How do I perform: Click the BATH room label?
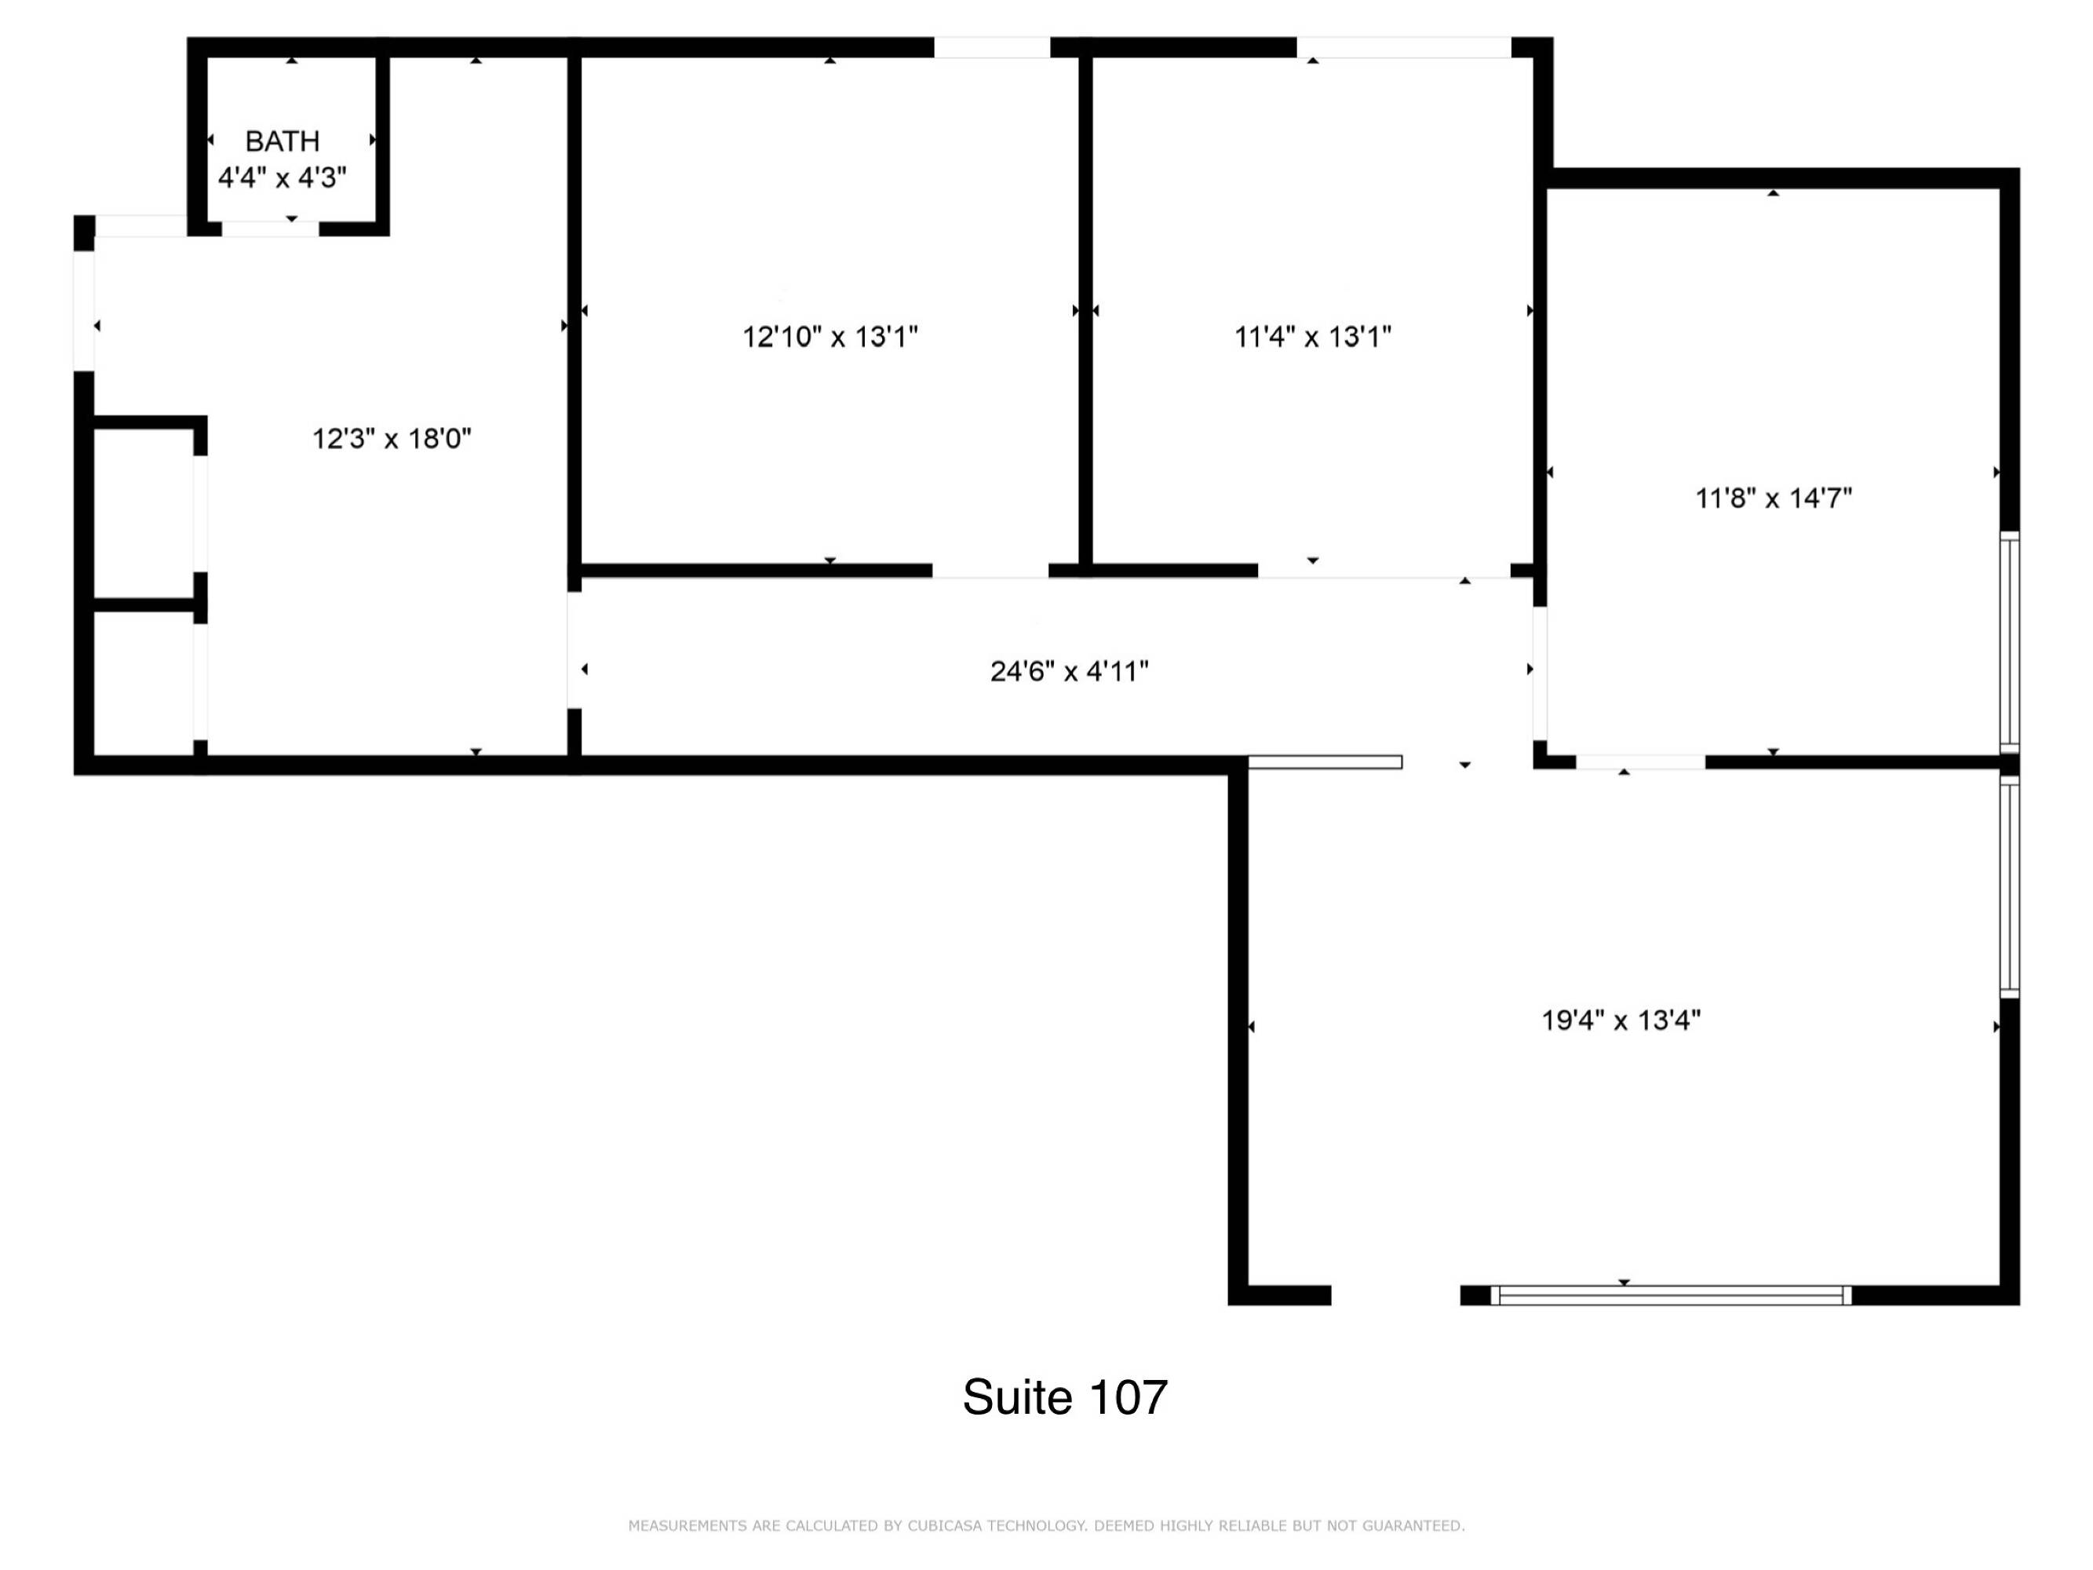[x=282, y=141]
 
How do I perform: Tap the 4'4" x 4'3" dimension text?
[x=282, y=177]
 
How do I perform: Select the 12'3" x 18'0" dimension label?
[x=392, y=438]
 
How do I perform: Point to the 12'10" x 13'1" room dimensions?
[x=830, y=336]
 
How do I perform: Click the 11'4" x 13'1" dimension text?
[x=1312, y=336]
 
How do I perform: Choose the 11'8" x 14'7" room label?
[x=1773, y=498]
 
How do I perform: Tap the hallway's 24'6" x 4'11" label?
[x=1069, y=671]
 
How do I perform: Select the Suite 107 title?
[x=1066, y=1397]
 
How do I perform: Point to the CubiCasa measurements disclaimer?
[x=1047, y=1525]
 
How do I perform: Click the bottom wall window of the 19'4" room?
[x=1671, y=1295]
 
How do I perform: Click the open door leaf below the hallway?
[x=1325, y=761]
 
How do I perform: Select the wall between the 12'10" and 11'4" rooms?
[x=1085, y=312]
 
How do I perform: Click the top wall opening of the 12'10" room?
[x=992, y=47]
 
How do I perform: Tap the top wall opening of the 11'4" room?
[x=1403, y=47]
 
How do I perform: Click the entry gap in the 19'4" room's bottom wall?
[x=1395, y=1295]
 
